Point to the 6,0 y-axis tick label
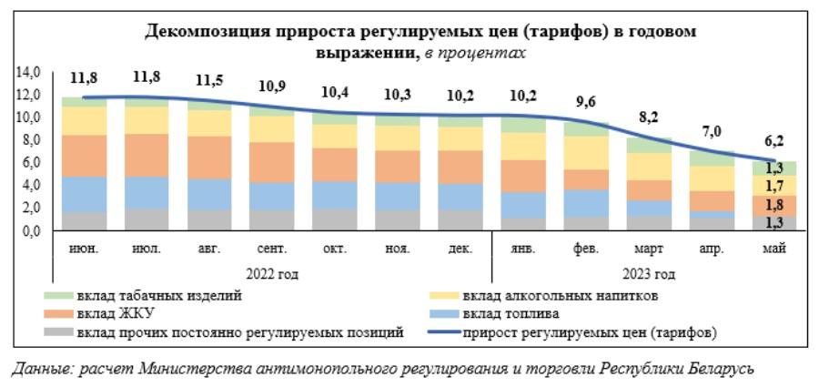point(32,162)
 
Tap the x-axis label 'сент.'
point(272,248)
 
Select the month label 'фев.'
point(586,248)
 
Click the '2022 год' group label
point(272,273)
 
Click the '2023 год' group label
point(649,273)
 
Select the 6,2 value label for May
point(775,141)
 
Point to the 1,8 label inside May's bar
point(775,205)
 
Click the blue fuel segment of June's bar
point(85,194)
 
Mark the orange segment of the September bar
point(272,162)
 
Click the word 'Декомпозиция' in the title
point(203,33)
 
